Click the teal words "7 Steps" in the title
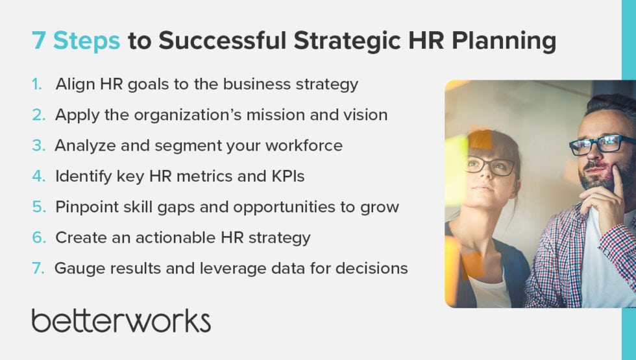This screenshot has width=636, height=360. coord(76,41)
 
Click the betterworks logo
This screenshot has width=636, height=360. coord(121,321)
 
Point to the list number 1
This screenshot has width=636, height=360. coord(38,84)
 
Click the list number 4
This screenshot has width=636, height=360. coord(38,176)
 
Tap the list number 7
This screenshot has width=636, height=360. coord(38,269)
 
